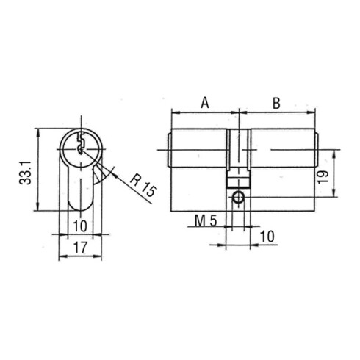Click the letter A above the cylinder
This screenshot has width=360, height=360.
[x=204, y=104]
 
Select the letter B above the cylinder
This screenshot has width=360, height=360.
[x=277, y=104]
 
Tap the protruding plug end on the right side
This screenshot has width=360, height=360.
[x=317, y=150]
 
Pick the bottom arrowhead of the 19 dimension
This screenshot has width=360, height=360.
[x=336, y=195]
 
